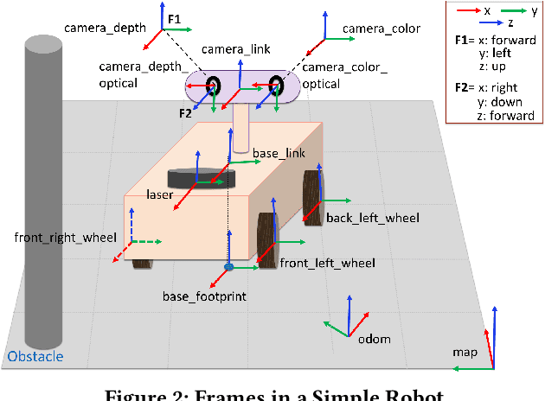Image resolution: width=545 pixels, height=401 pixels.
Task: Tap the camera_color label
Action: click(x=381, y=29)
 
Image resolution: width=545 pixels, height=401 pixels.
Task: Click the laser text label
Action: click(x=159, y=195)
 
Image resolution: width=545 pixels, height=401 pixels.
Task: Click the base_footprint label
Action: click(x=204, y=296)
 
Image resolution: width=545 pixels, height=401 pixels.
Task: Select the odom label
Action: click(x=374, y=338)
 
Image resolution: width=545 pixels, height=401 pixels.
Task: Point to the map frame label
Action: click(x=465, y=353)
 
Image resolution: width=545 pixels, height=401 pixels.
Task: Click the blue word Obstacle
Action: click(x=35, y=357)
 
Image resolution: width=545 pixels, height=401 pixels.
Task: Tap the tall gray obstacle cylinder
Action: click(x=42, y=190)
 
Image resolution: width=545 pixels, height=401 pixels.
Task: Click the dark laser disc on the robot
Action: click(x=201, y=177)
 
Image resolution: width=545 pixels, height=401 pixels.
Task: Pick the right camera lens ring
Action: click(x=276, y=86)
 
